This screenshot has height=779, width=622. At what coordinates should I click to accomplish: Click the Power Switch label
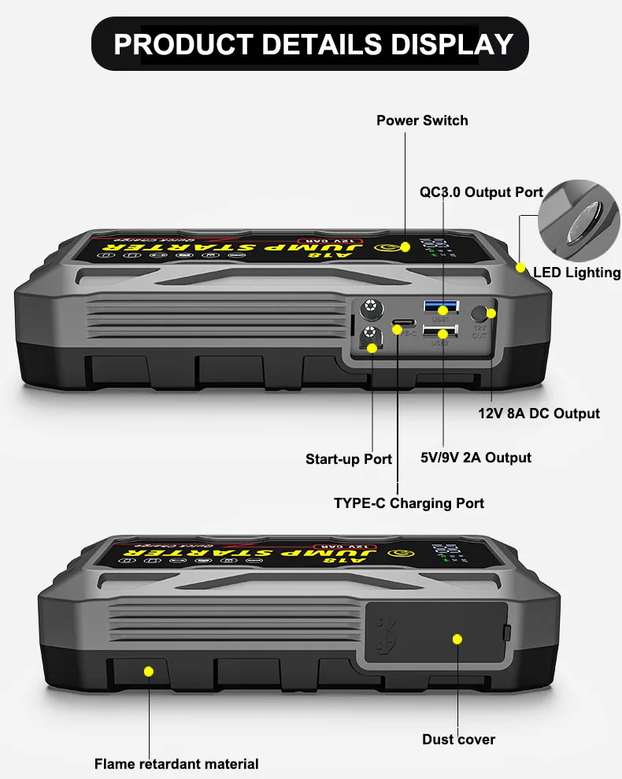(x=422, y=121)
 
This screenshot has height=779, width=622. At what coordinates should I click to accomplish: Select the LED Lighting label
(x=576, y=273)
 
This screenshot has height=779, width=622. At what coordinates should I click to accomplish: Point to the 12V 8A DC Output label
(x=539, y=414)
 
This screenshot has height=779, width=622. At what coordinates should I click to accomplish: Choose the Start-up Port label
(x=348, y=459)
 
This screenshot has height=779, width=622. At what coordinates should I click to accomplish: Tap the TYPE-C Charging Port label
(x=409, y=503)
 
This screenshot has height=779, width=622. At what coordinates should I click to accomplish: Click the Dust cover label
(x=458, y=739)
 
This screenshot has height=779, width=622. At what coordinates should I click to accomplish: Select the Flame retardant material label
(x=176, y=763)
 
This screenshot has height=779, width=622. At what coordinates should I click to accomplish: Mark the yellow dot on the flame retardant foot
(x=148, y=671)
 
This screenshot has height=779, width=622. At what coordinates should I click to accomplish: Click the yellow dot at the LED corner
(x=520, y=267)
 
